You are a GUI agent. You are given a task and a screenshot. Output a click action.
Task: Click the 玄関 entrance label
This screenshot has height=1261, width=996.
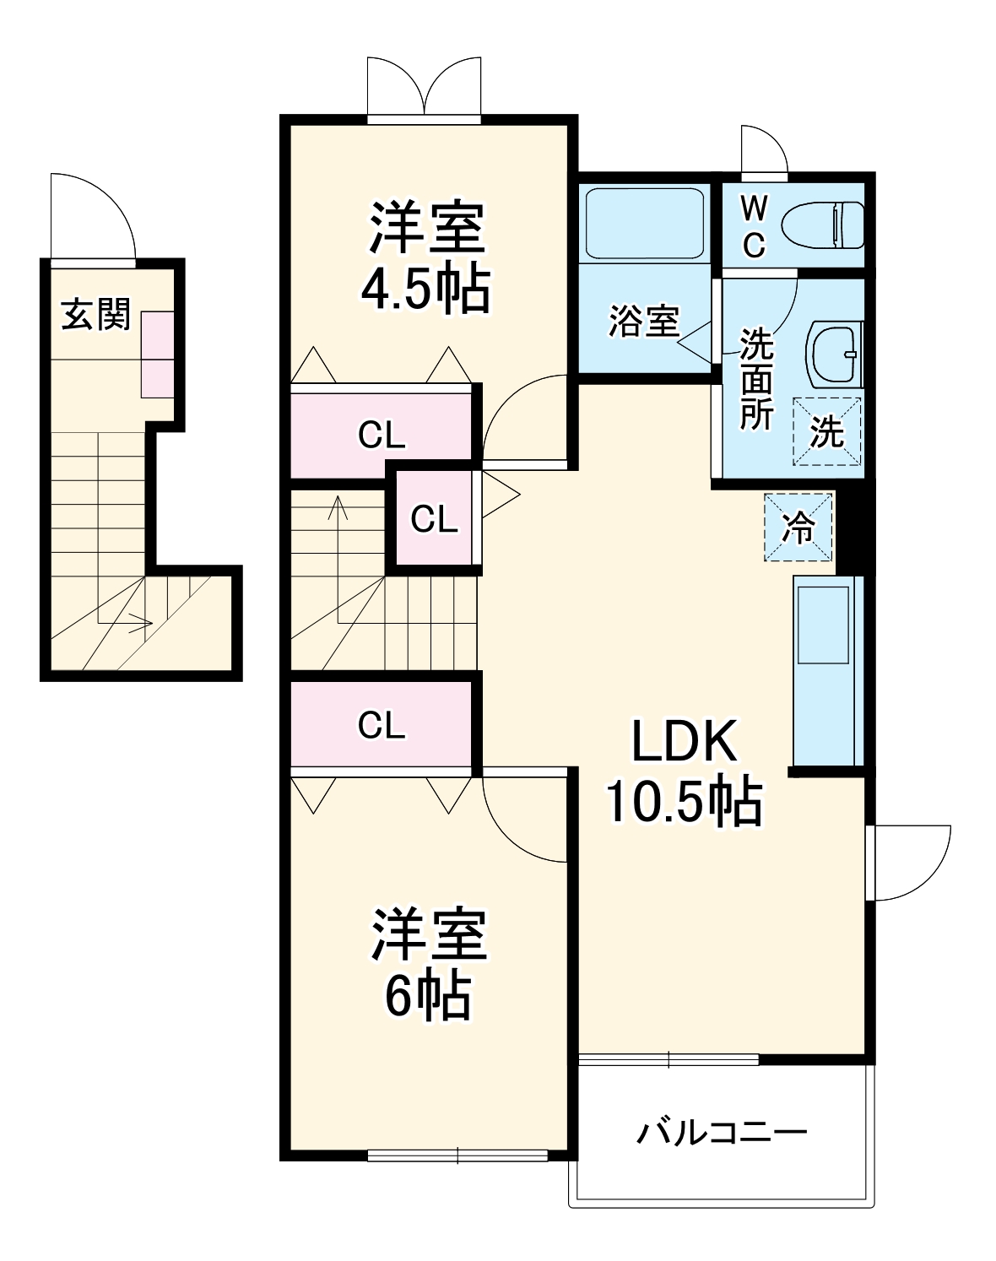pyautogui.click(x=96, y=315)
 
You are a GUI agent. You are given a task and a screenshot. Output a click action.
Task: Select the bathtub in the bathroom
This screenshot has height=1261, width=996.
pyautogui.click(x=646, y=222)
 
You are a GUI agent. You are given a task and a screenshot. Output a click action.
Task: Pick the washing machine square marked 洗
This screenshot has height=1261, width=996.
pyautogui.click(x=826, y=431)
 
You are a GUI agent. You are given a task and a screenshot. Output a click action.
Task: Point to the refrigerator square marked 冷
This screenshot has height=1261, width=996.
pyautogui.click(x=798, y=528)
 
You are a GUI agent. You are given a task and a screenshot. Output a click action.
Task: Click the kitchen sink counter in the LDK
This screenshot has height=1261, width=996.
pyautogui.click(x=825, y=671)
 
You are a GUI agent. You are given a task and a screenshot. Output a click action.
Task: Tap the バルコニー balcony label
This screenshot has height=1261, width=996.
pyautogui.click(x=722, y=1131)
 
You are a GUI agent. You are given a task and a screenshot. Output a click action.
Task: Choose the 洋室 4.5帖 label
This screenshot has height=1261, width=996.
pyautogui.click(x=427, y=257)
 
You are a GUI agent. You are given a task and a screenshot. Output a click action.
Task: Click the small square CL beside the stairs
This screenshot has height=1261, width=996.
pyautogui.click(x=434, y=518)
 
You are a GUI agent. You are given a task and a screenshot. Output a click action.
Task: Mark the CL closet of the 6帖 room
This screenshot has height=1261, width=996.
pyautogui.click(x=382, y=724)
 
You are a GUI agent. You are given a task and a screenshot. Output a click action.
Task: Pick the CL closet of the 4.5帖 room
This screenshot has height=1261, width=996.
pyautogui.click(x=382, y=435)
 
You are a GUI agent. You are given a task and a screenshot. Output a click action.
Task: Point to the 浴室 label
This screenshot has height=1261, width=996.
pyautogui.click(x=644, y=321)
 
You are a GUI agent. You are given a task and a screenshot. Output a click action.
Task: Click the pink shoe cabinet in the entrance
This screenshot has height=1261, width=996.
pyautogui.click(x=157, y=354)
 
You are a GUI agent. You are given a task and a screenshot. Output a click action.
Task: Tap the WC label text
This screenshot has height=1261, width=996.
pyautogui.click(x=753, y=225)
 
